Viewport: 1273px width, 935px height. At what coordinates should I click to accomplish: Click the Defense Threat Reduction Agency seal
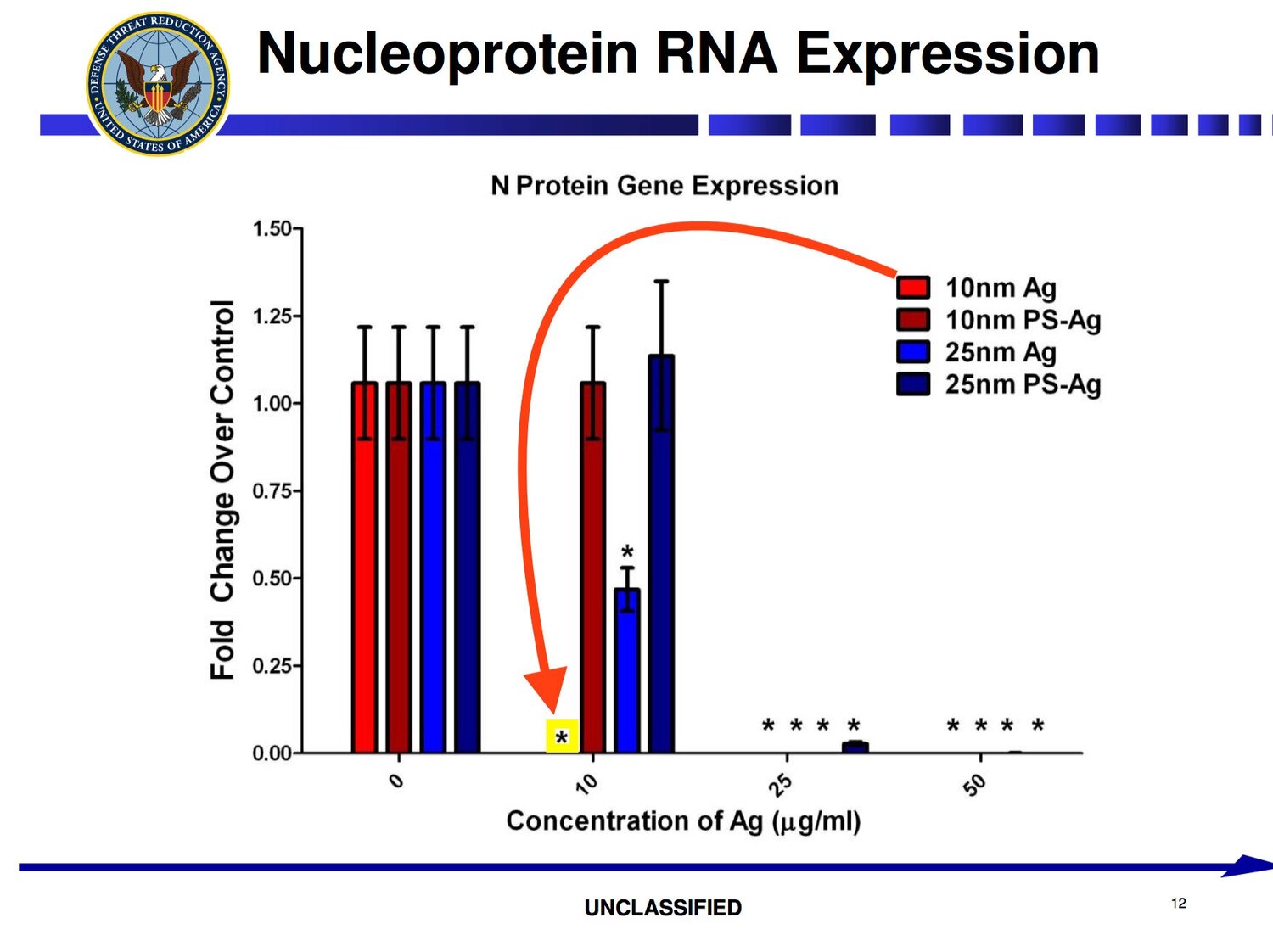tap(158, 84)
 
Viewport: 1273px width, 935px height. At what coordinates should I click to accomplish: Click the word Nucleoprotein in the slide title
tap(446, 54)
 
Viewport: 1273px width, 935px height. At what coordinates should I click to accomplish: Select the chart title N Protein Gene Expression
tap(665, 187)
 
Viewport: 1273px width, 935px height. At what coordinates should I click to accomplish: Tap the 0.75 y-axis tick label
tap(272, 491)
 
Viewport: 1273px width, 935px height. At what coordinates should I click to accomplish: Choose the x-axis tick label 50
tap(974, 786)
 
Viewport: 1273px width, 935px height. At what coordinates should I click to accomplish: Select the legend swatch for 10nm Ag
tap(912, 288)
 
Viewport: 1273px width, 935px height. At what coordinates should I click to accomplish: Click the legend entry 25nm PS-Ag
tap(998, 384)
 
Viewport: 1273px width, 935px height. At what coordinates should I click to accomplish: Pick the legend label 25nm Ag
tap(1001, 352)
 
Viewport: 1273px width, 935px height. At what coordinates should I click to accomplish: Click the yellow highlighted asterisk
tap(562, 736)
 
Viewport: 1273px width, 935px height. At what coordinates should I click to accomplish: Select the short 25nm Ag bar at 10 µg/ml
tap(627, 670)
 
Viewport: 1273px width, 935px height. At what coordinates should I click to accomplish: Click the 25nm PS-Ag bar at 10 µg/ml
tap(661, 554)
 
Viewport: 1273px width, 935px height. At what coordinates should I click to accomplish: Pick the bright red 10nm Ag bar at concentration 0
tap(364, 568)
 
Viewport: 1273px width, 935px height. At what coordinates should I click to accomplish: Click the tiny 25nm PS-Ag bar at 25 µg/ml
tap(855, 747)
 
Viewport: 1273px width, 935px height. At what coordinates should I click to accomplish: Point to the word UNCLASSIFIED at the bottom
tap(663, 908)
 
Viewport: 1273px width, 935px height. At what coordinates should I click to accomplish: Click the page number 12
tap(1180, 904)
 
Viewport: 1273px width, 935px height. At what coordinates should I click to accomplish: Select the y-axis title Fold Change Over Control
tap(222, 490)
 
